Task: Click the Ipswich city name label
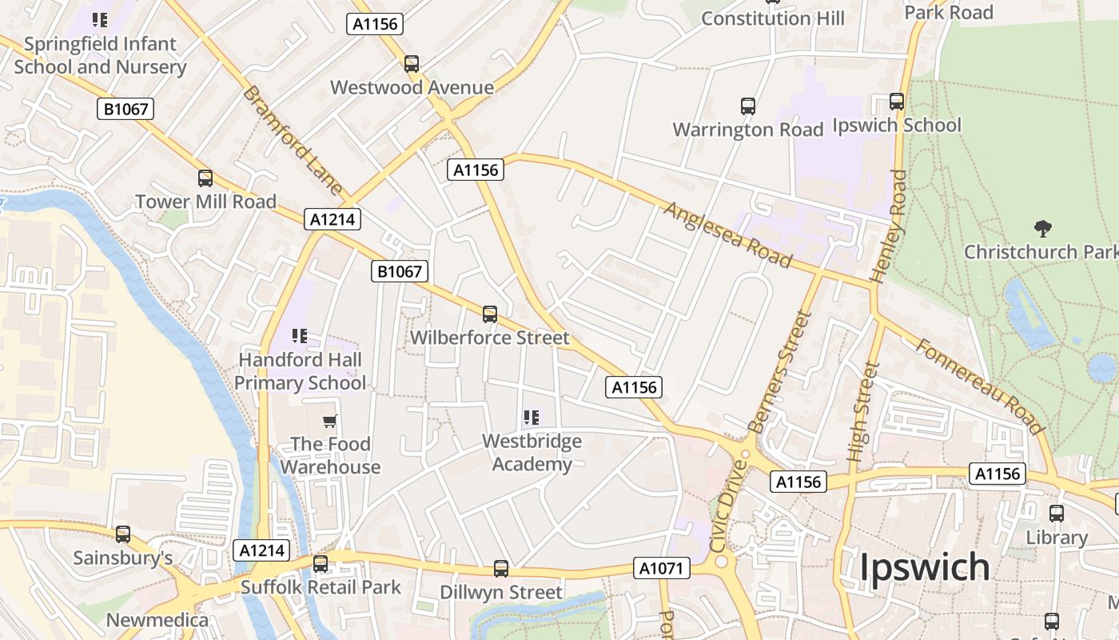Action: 924,567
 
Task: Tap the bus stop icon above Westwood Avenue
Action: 412,64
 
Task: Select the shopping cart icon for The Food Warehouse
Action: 330,421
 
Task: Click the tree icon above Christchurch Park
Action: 1042,230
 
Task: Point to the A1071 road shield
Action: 662,568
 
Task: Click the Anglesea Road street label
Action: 727,234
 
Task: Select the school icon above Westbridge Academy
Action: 532,418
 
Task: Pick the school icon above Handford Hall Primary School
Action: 300,336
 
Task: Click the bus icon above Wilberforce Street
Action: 490,314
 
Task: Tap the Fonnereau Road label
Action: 979,386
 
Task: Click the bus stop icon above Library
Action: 1057,514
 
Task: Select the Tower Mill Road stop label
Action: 205,202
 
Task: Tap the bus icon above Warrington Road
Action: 748,106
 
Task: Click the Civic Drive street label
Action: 727,504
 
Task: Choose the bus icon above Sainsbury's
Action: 123,534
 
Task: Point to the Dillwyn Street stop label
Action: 501,593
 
